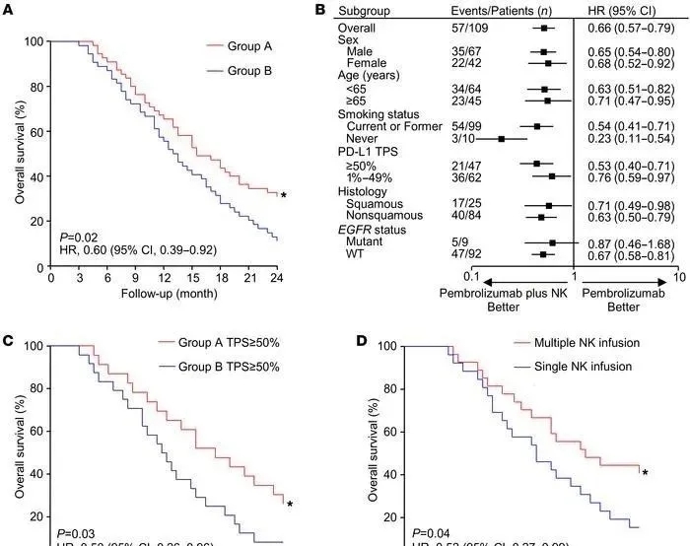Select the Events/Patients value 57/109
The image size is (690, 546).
pos(468,30)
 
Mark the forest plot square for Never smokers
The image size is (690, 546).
pos(502,139)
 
